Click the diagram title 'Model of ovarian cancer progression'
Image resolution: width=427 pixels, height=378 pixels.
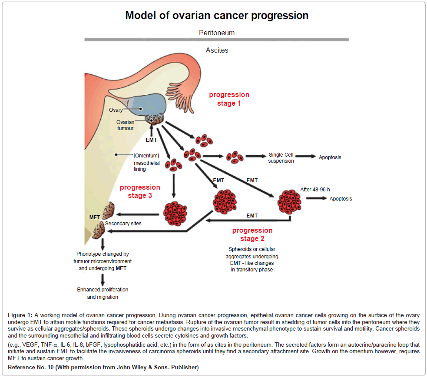217,16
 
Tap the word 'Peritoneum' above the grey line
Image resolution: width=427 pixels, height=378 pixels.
217,33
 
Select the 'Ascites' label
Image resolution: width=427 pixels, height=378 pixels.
217,50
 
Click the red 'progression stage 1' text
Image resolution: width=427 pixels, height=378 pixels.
229,99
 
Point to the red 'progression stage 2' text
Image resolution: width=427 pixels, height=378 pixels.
252,234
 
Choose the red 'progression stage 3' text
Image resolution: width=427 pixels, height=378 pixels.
140,191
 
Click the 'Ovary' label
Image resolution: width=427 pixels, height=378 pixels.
116,110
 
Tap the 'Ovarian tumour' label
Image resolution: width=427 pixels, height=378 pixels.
125,125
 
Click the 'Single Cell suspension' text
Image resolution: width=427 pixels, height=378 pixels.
281,157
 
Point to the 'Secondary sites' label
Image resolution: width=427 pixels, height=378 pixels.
123,224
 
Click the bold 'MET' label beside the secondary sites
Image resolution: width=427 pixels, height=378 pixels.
95,217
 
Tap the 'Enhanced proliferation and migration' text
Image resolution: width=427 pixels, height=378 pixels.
103,293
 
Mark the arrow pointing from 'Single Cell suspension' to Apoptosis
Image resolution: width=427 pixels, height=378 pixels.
306,156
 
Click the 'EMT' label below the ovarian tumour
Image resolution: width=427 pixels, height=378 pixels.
151,140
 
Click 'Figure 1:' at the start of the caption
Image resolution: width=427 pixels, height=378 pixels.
20,315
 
